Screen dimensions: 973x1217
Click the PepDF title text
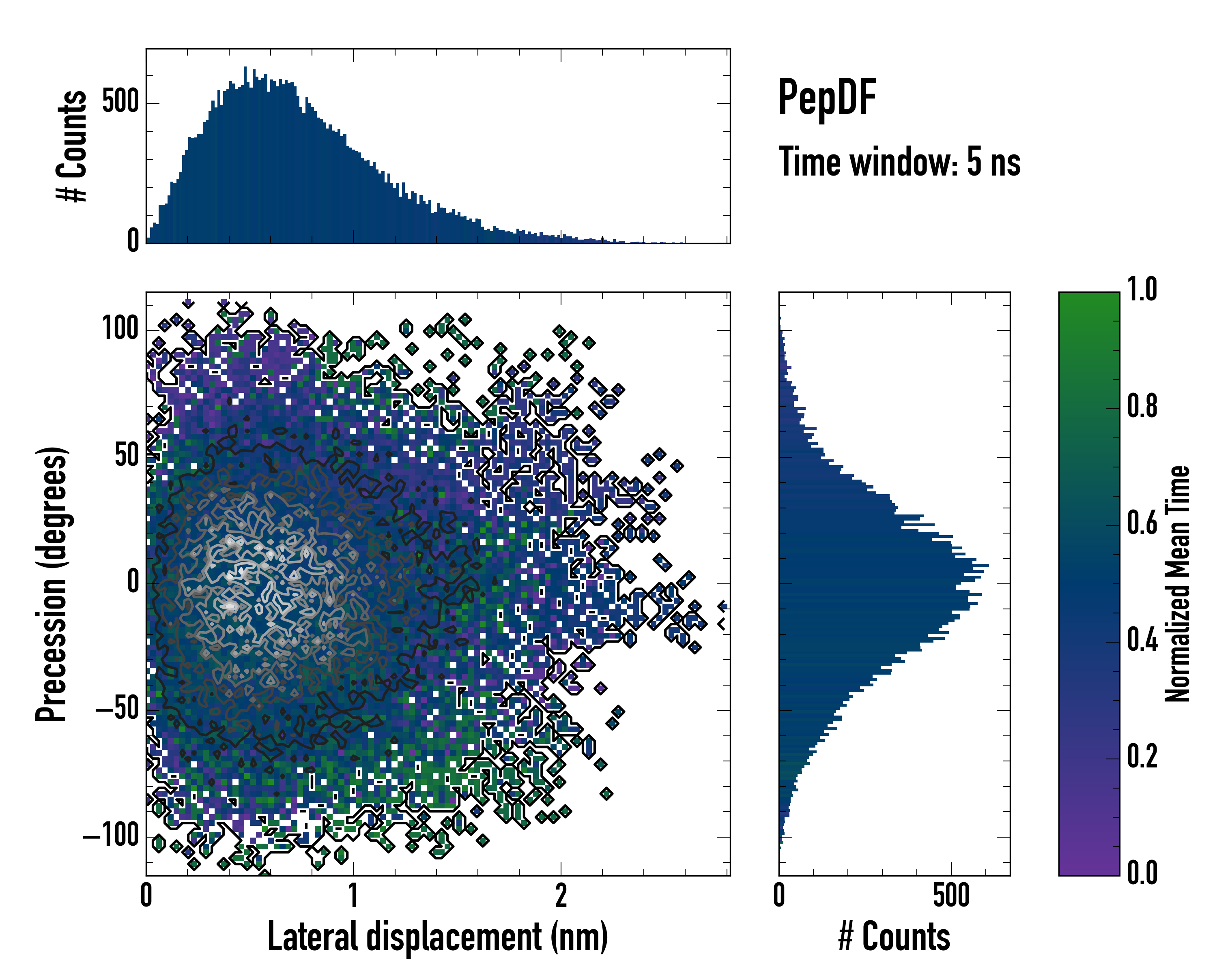[x=826, y=98]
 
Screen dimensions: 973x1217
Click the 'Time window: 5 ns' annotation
[x=899, y=162]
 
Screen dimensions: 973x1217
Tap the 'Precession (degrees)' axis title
[x=52, y=584]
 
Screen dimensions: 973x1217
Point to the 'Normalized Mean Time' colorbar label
[x=1178, y=584]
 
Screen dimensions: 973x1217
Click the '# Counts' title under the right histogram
[x=894, y=937]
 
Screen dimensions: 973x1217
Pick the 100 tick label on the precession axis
[x=120, y=328]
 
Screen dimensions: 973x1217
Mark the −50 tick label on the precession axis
[x=117, y=708]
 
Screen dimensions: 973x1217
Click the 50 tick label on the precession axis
[x=127, y=455]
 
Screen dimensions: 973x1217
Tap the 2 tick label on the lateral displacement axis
[x=561, y=896]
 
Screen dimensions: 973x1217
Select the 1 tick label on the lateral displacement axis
[x=353, y=896]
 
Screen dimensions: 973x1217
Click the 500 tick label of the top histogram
[x=120, y=102]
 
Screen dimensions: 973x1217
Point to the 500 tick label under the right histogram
[x=951, y=896]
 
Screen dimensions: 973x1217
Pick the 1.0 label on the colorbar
[x=1142, y=290]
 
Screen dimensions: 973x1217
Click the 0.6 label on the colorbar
[x=1142, y=523]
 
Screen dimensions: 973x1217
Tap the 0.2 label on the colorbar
[x=1142, y=757]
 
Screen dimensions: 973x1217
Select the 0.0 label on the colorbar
[x=1142, y=872]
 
